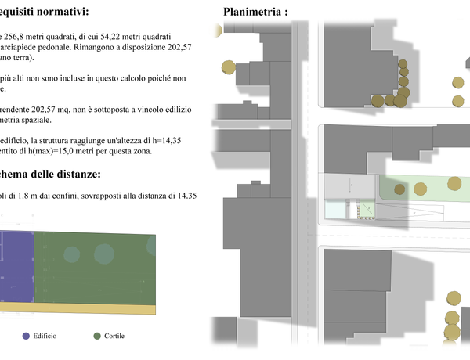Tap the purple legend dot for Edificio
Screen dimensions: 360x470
click(26, 336)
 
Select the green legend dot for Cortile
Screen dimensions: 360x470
click(97, 336)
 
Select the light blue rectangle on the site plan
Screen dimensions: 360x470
click(335, 211)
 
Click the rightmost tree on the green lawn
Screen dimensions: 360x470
click(454, 183)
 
